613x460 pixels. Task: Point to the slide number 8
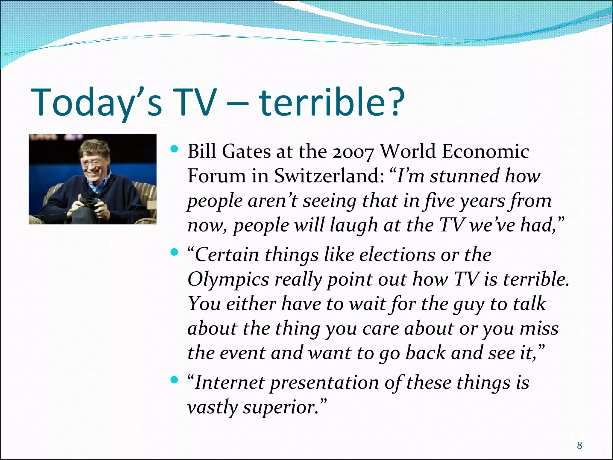pos(579,446)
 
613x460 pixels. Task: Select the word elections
pos(397,255)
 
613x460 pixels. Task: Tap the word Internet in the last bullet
pos(230,383)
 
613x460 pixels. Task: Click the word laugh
pos(353,225)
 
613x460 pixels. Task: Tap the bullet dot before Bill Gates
pos(174,149)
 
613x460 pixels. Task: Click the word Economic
pos(485,152)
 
